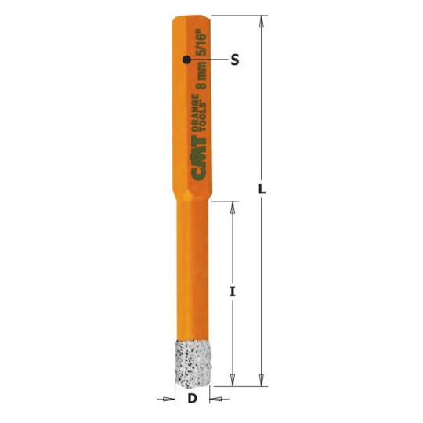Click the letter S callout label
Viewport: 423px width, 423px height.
234,60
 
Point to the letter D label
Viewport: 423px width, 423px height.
192,399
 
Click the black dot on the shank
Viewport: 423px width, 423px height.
186,60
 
